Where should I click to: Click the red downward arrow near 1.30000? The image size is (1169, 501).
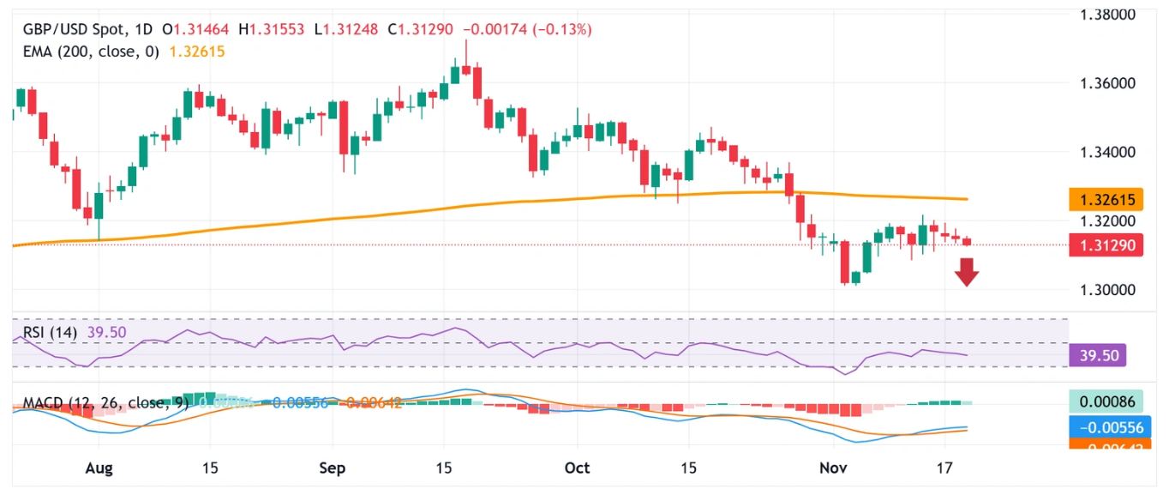pyautogui.click(x=968, y=273)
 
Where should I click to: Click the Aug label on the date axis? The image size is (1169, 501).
pyautogui.click(x=99, y=469)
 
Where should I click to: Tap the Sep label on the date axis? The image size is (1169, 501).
pyautogui.click(x=332, y=469)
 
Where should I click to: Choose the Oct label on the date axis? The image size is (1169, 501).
pyautogui.click(x=577, y=469)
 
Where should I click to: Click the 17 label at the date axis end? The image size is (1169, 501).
pyautogui.click(x=944, y=469)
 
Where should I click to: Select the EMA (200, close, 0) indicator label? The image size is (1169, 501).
pyautogui.click(x=93, y=51)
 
